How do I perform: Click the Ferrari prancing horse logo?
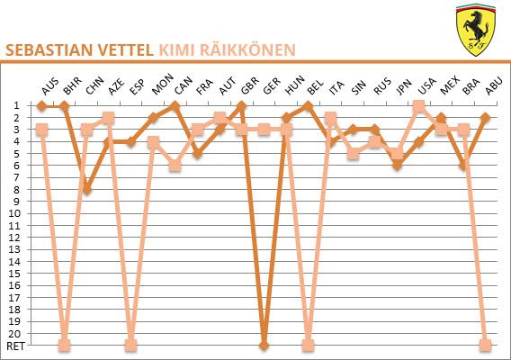pyautogui.click(x=476, y=30)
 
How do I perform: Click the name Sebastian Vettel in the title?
pyautogui.click(x=79, y=50)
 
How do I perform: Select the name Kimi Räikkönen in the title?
pyautogui.click(x=227, y=50)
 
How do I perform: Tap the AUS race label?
pyautogui.click(x=50, y=86)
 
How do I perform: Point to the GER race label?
pyautogui.click(x=272, y=86)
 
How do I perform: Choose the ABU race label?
pyautogui.click(x=494, y=86)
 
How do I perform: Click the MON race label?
pyautogui.click(x=162, y=85)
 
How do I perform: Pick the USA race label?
pyautogui.click(x=426, y=86)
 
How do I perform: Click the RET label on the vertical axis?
pyautogui.click(x=15, y=346)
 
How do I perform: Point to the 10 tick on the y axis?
pyautogui.click(x=14, y=213)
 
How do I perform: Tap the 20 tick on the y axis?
pyautogui.click(x=14, y=334)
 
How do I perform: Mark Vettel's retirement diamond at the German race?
pyautogui.click(x=264, y=345)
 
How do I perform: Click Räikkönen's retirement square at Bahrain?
pyautogui.click(x=64, y=345)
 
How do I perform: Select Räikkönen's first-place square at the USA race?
pyautogui.click(x=418, y=106)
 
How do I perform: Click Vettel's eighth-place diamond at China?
pyautogui.click(x=86, y=190)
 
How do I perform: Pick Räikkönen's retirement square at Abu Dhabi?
pyautogui.click(x=485, y=345)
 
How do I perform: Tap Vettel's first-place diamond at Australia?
pyautogui.click(x=41, y=105)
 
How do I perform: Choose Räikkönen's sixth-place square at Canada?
pyautogui.click(x=175, y=166)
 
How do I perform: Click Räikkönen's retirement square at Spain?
pyautogui.click(x=130, y=345)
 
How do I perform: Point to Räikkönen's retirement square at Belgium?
pyautogui.click(x=308, y=345)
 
